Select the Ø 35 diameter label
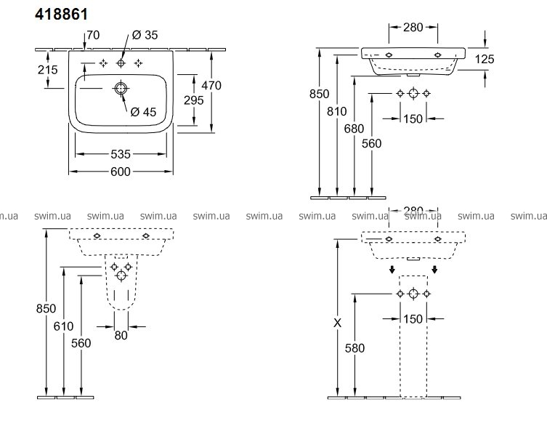pyautogui.click(x=145, y=35)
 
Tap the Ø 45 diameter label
pyautogui.click(x=144, y=111)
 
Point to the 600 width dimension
pyautogui.click(x=121, y=172)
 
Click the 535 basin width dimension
pyautogui.click(x=121, y=154)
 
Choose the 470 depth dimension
pyautogui.click(x=211, y=85)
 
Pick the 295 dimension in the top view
pyautogui.click(x=193, y=100)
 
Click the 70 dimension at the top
pyautogui.click(x=92, y=35)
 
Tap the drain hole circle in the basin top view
pyautogui.click(x=121, y=89)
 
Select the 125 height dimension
pyautogui.click(x=485, y=60)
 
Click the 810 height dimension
pyautogui.click(x=336, y=112)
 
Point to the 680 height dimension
pyautogui.click(x=354, y=129)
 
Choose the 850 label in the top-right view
pyautogui.click(x=319, y=94)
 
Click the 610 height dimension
pyautogui.click(x=63, y=326)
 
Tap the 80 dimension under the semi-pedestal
pyautogui.click(x=121, y=335)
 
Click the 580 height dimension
pyautogui.click(x=354, y=347)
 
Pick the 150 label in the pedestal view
pyautogui.click(x=413, y=319)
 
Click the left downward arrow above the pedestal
pyautogui.click(x=392, y=270)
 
